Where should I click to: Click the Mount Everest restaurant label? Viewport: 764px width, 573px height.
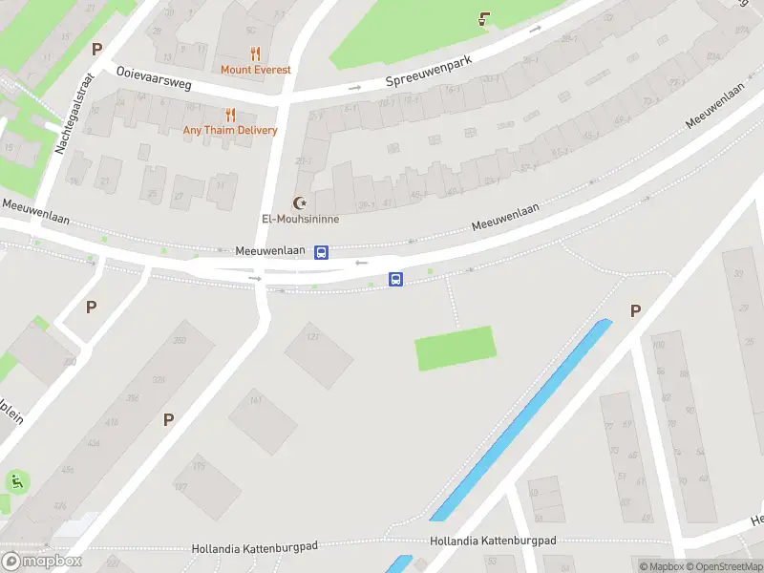pyautogui.click(x=255, y=70)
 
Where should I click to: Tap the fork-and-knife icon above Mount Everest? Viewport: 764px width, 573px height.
pyautogui.click(x=255, y=53)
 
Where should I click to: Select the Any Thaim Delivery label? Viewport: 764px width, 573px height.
pyautogui.click(x=230, y=131)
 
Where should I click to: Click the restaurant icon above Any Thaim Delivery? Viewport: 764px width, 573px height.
pyautogui.click(x=230, y=115)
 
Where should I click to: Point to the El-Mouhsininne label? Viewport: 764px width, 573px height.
pyautogui.click(x=301, y=219)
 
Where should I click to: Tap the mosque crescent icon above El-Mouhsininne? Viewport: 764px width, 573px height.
pyautogui.click(x=302, y=202)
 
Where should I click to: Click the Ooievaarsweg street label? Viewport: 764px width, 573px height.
pyautogui.click(x=155, y=74)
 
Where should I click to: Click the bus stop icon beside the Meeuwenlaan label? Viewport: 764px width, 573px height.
pyautogui.click(x=322, y=252)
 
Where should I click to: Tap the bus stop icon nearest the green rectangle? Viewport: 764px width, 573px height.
pyautogui.click(x=395, y=279)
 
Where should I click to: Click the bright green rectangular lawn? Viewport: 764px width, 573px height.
pyautogui.click(x=456, y=348)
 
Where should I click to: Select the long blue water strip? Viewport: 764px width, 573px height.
pyautogui.click(x=520, y=420)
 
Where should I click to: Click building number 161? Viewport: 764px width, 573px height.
pyautogui.click(x=256, y=402)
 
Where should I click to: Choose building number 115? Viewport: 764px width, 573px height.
pyautogui.click(x=199, y=466)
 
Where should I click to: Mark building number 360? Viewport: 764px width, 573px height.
pyautogui.click(x=178, y=341)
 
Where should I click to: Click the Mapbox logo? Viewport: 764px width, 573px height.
pyautogui.click(x=43, y=562)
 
